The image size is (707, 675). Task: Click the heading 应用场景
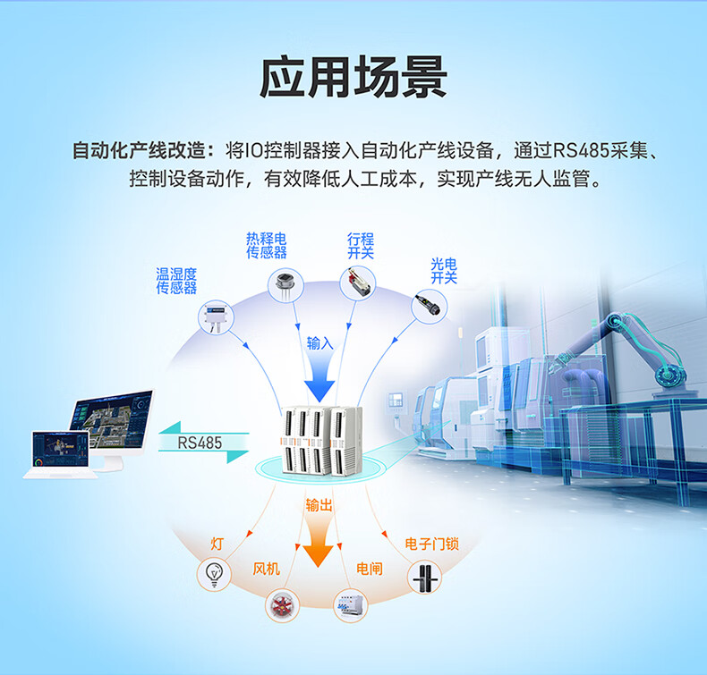pos(353,79)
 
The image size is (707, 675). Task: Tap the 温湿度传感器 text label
pos(176,281)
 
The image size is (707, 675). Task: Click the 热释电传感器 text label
pos(267,246)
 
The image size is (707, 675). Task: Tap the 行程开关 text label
pos(361,246)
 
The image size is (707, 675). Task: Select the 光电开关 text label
pos(444,271)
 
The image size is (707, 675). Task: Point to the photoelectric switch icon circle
pos(429,306)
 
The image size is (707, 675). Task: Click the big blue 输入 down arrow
pos(319,380)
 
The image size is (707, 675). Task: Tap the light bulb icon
pos(214,573)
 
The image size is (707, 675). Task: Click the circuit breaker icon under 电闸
pos(350,606)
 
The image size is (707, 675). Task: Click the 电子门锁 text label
pos(431,543)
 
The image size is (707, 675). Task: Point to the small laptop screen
pos(60,451)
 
